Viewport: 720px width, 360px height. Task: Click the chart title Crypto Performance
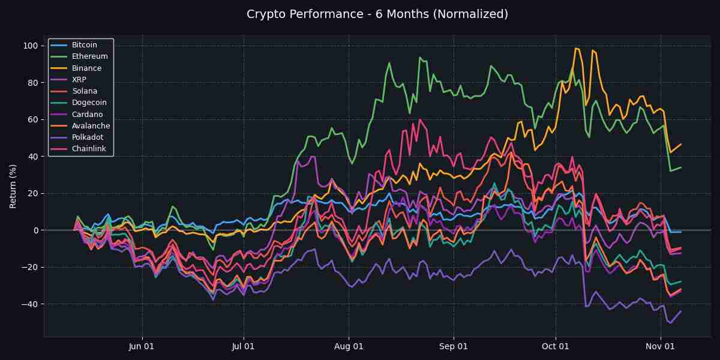click(377, 14)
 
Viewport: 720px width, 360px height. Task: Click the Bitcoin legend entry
click(84, 45)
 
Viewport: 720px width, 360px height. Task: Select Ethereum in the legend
click(89, 56)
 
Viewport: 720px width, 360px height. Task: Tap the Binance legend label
click(86, 68)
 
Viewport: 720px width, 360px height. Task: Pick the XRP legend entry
click(79, 80)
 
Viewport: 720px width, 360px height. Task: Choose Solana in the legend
click(85, 91)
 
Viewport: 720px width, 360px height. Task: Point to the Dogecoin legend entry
click(88, 103)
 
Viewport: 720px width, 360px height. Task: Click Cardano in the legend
click(87, 115)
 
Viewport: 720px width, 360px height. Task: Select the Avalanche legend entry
click(91, 126)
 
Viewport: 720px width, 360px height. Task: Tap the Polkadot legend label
click(87, 137)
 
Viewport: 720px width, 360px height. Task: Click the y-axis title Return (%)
click(13, 186)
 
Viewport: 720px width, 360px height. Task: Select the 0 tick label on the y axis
click(35, 230)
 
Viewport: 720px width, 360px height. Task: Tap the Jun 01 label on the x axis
click(142, 346)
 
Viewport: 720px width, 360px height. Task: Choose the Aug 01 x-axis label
click(349, 346)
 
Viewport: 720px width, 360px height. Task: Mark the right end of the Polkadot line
click(680, 311)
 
